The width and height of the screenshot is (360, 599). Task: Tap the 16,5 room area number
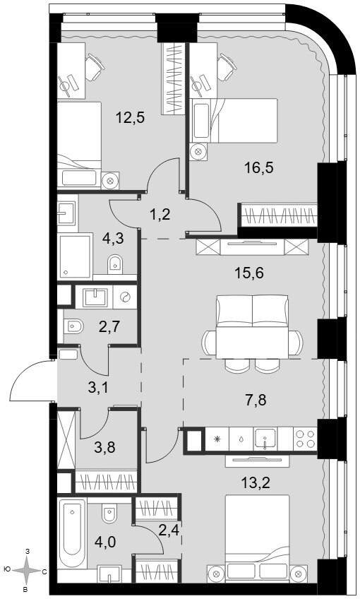tap(260, 167)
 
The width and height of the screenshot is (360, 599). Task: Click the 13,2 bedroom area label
tap(256, 483)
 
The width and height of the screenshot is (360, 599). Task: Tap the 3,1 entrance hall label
tap(97, 388)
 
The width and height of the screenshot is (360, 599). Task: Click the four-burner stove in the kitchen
tap(305, 439)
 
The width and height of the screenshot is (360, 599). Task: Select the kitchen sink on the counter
tap(265, 439)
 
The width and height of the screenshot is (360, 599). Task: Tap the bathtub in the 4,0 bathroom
tap(72, 531)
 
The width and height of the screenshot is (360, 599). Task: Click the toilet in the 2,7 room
tap(73, 326)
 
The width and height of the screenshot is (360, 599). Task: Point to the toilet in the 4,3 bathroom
tap(115, 263)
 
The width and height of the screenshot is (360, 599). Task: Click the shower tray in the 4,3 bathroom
tap(76, 256)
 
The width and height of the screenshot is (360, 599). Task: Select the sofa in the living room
tap(252, 311)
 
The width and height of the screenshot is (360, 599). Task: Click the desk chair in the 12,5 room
tap(94, 67)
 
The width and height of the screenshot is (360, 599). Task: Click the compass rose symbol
tap(26, 571)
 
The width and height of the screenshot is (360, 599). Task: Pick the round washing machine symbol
tap(125, 297)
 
